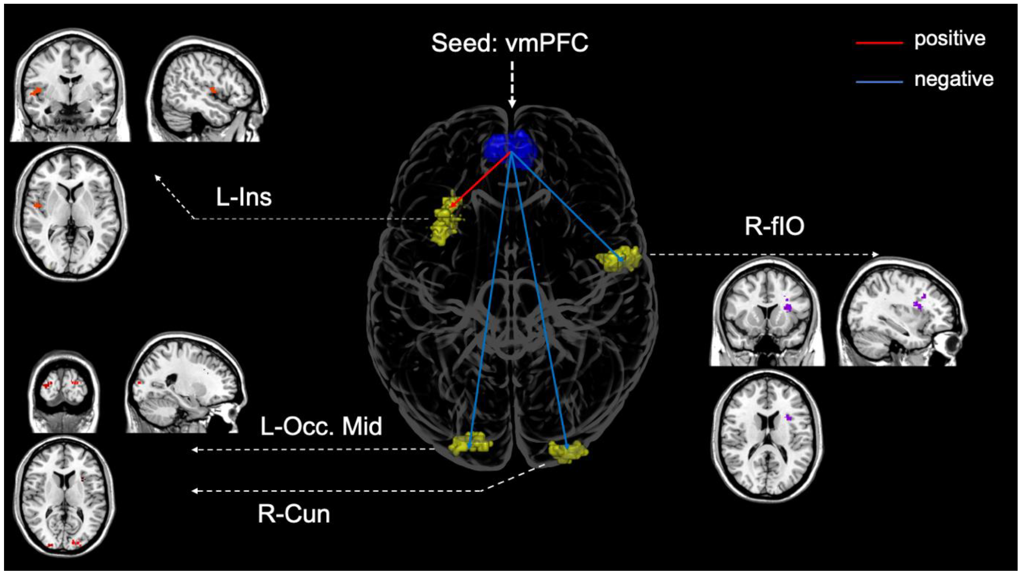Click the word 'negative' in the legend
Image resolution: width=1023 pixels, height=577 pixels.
pos(954,79)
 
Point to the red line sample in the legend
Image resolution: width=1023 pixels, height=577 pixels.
pos(879,42)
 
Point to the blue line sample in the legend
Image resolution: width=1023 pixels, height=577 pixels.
pos(879,82)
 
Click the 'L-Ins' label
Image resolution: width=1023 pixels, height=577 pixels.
pos(243,197)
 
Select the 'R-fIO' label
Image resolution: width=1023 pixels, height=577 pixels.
pos(774,226)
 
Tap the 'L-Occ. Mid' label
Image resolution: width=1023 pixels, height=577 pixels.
pos(321,426)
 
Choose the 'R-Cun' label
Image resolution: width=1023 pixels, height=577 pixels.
pos(294,514)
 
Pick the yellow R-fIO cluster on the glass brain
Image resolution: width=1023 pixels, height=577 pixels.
pos(619,258)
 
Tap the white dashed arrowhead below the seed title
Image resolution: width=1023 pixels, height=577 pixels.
pos(512,104)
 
